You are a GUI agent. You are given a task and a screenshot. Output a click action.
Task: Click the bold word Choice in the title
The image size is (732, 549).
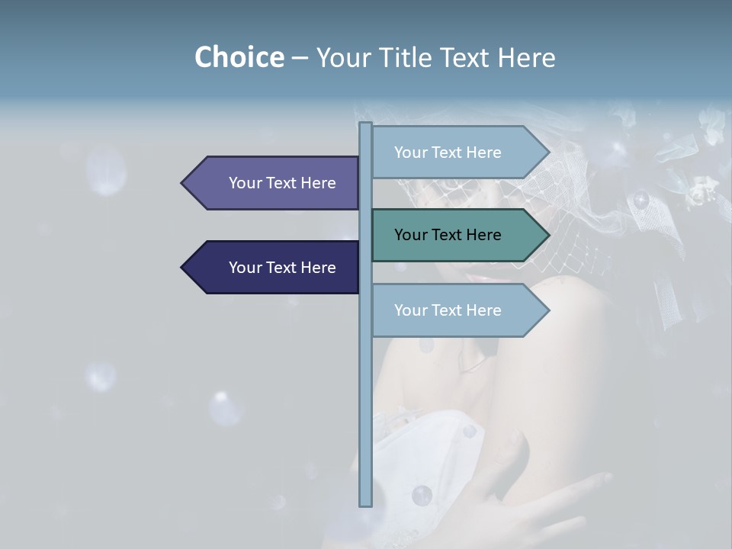pyautogui.click(x=239, y=57)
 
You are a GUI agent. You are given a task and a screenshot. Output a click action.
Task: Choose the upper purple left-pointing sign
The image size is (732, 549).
pyautogui.click(x=274, y=183)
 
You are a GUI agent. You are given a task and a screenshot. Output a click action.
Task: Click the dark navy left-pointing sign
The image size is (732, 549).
pyautogui.click(x=274, y=268)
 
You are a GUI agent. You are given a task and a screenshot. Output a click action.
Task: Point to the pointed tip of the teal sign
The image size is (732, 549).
pyautogui.click(x=547, y=235)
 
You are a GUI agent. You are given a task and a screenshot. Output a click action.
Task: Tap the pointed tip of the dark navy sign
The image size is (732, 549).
pyautogui.click(x=183, y=268)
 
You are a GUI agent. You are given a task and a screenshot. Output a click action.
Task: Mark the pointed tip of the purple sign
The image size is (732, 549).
pyautogui.click(x=183, y=183)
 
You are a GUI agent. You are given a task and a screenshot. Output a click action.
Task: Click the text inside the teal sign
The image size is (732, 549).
pyautogui.click(x=448, y=235)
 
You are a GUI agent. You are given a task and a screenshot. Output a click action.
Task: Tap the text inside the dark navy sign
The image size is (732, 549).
pyautogui.click(x=282, y=268)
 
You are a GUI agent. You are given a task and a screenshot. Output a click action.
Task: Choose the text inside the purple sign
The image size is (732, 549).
pyautogui.click(x=282, y=183)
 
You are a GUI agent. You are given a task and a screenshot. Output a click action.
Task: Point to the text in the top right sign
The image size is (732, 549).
pyautogui.click(x=448, y=152)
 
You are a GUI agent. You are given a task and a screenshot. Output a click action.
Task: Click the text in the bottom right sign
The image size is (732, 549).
pyautogui.click(x=448, y=310)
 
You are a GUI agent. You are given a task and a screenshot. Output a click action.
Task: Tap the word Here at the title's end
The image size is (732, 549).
pyautogui.click(x=527, y=57)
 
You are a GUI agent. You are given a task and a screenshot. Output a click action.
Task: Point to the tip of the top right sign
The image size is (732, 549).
pyautogui.click(x=547, y=152)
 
